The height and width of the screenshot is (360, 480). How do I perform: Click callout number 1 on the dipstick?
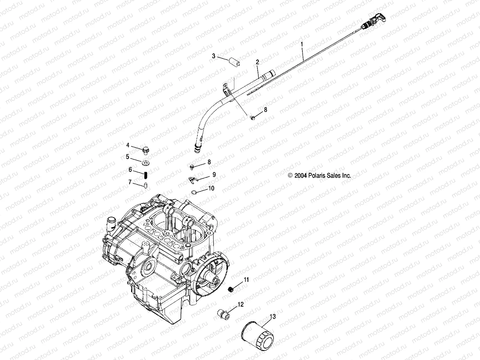click(x=302, y=44)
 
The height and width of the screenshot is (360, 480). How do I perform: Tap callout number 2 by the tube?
click(x=257, y=62)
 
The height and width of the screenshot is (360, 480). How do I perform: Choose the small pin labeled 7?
click(x=145, y=185)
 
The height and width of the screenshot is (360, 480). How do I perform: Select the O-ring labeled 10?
click(x=194, y=192)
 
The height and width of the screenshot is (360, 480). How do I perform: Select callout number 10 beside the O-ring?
click(x=211, y=188)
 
